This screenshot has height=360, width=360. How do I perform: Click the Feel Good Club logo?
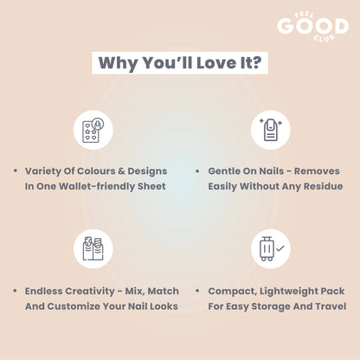(x=313, y=27)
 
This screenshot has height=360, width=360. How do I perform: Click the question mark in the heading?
(x=255, y=62)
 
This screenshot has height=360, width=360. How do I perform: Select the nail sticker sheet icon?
(x=93, y=130)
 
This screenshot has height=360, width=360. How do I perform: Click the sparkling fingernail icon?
(x=271, y=130)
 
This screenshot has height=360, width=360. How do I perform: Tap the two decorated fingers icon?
(x=93, y=248)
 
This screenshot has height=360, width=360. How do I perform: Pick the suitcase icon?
(x=267, y=248)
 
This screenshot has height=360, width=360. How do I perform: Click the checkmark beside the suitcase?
(x=280, y=248)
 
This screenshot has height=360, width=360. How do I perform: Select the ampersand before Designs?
(x=121, y=171)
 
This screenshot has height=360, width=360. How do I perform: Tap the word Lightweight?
(x=289, y=292)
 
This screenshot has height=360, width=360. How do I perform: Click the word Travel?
(x=331, y=306)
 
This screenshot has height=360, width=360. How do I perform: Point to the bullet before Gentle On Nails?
(x=197, y=171)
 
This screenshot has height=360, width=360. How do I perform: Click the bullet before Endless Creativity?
(x=15, y=291)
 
